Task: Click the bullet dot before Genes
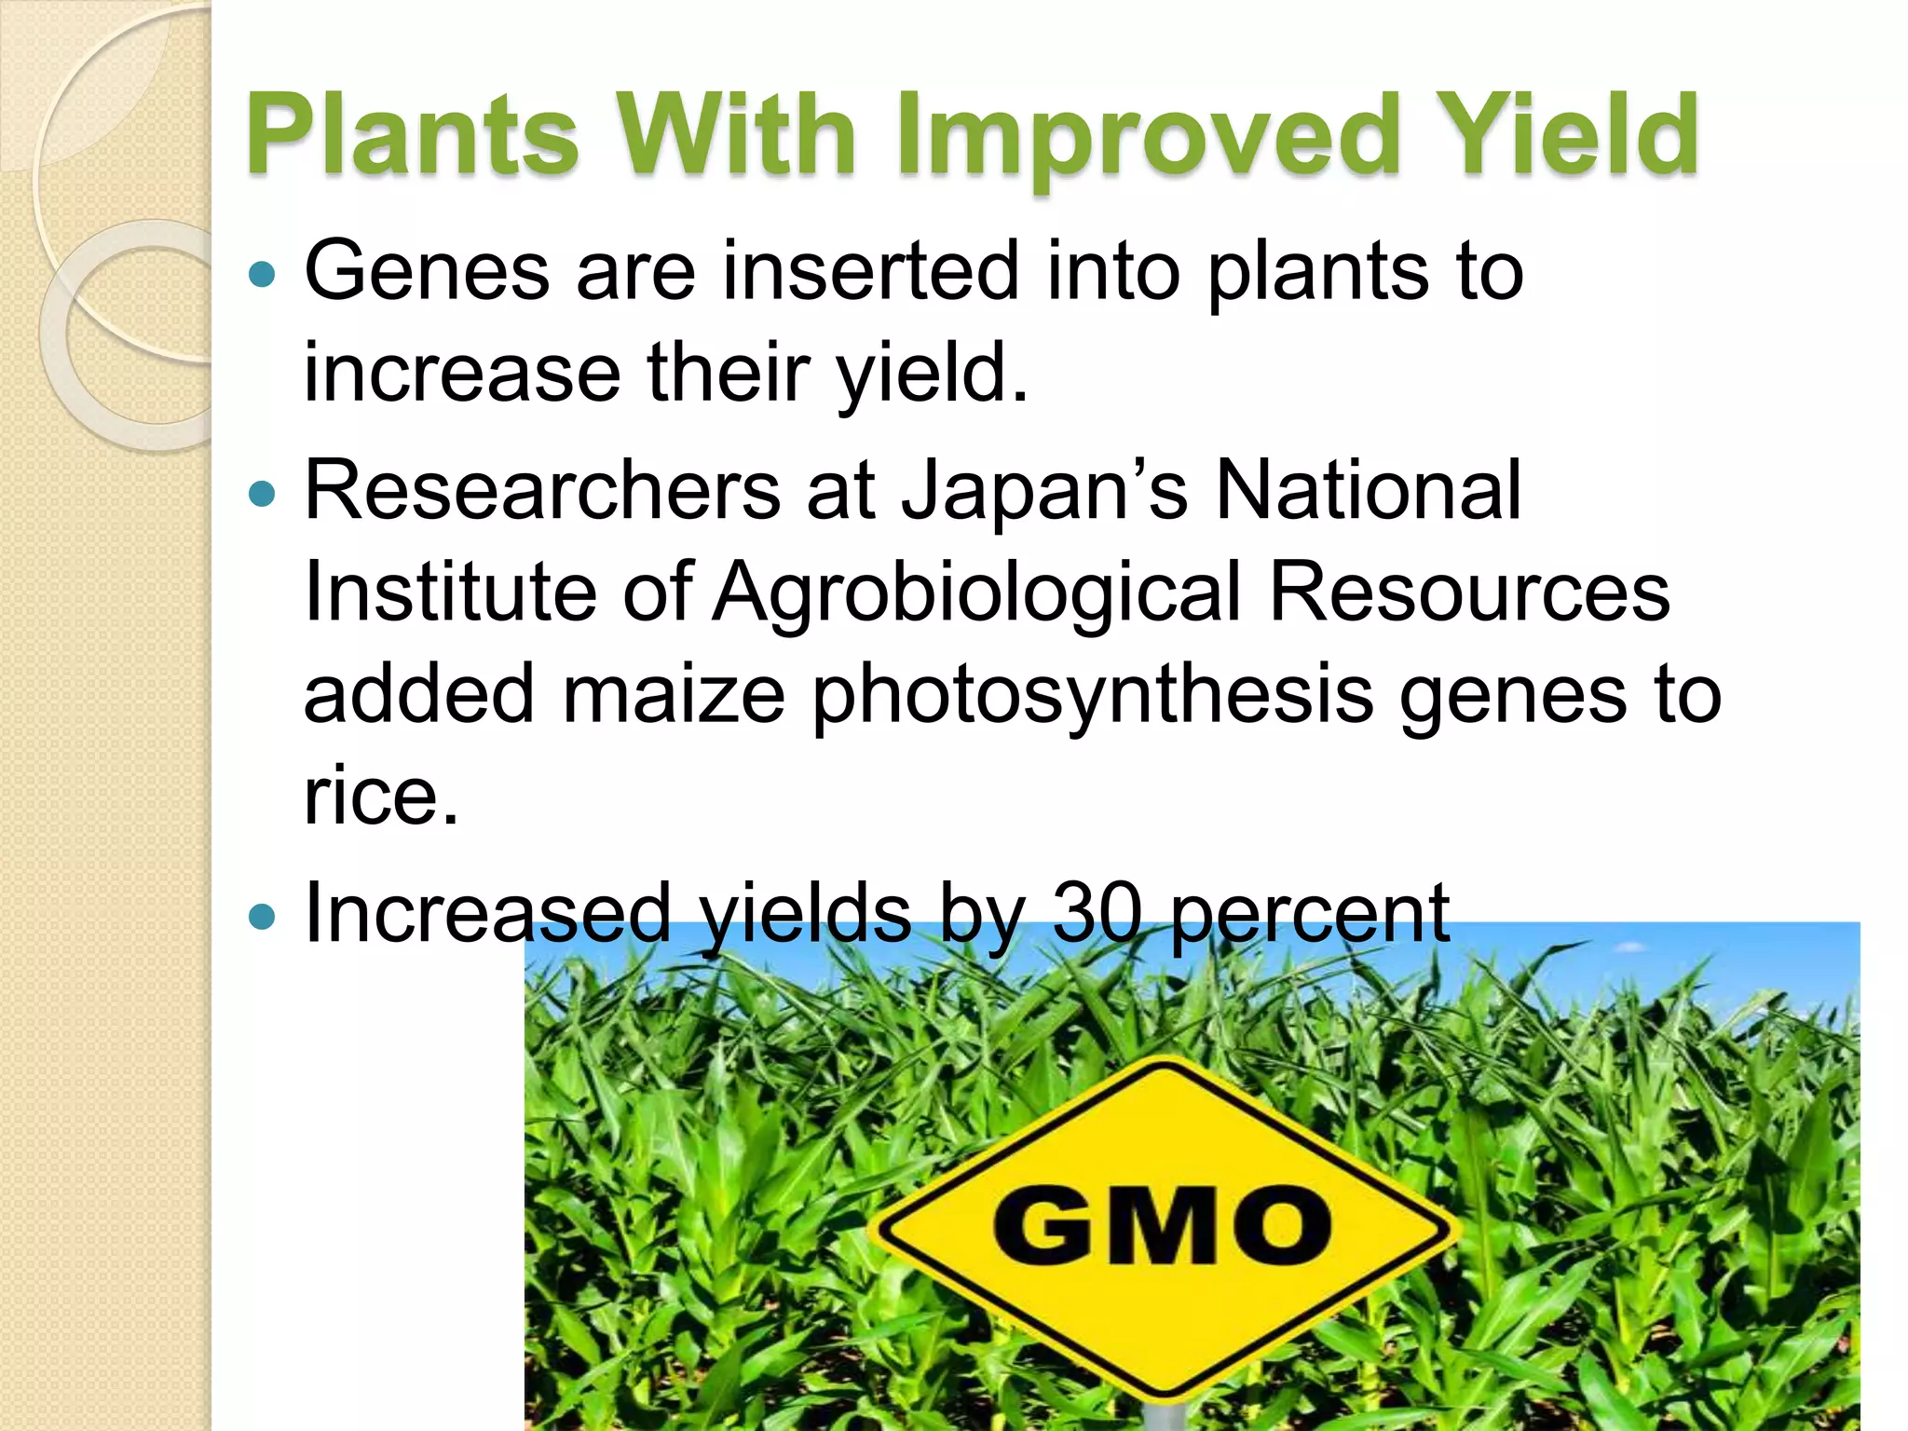[264, 274]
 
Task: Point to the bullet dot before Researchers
[264, 493]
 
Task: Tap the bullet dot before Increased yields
[264, 917]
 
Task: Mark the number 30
[1097, 914]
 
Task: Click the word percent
[1310, 914]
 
